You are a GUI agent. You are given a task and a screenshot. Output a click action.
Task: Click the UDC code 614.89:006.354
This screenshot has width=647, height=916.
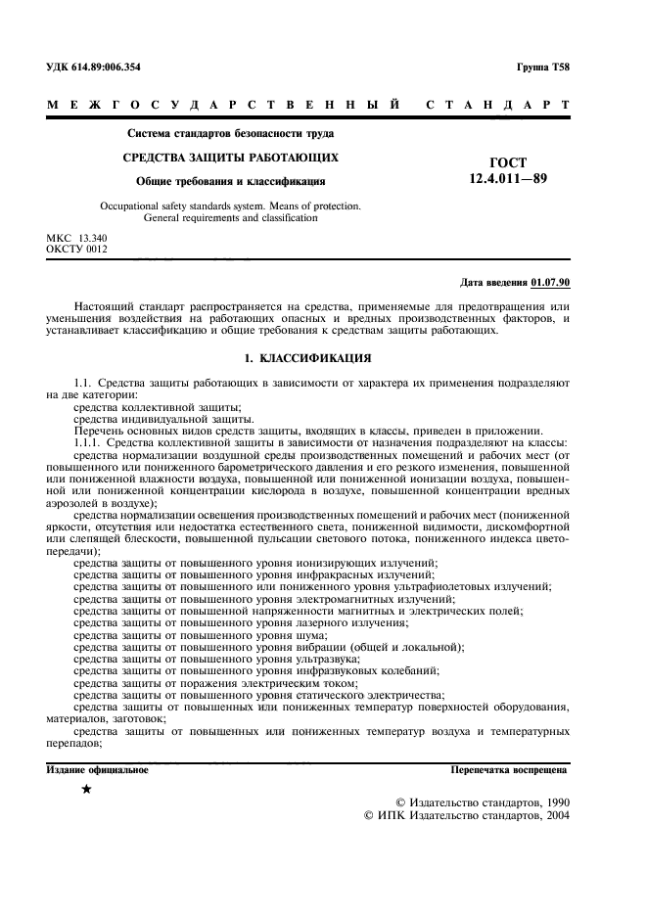115,67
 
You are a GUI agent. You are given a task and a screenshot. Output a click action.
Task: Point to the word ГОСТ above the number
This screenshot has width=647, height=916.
506,161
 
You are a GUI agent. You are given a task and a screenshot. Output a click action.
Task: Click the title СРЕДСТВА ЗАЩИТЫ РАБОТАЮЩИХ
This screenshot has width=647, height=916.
230,157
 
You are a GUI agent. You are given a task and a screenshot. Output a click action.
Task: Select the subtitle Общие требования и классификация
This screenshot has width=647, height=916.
230,181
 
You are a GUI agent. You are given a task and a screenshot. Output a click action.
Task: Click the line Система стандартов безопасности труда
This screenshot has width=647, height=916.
230,133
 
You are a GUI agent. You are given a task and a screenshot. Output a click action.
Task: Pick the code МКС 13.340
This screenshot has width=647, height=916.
77,238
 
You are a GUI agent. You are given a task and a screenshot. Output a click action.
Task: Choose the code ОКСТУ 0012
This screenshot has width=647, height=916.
77,249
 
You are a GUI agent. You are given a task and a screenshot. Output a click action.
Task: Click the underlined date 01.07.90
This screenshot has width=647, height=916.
549,282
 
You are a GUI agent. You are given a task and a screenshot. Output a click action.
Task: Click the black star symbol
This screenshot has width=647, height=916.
86,789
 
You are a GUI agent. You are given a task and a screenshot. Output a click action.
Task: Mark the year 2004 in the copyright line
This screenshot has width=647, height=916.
553,814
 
